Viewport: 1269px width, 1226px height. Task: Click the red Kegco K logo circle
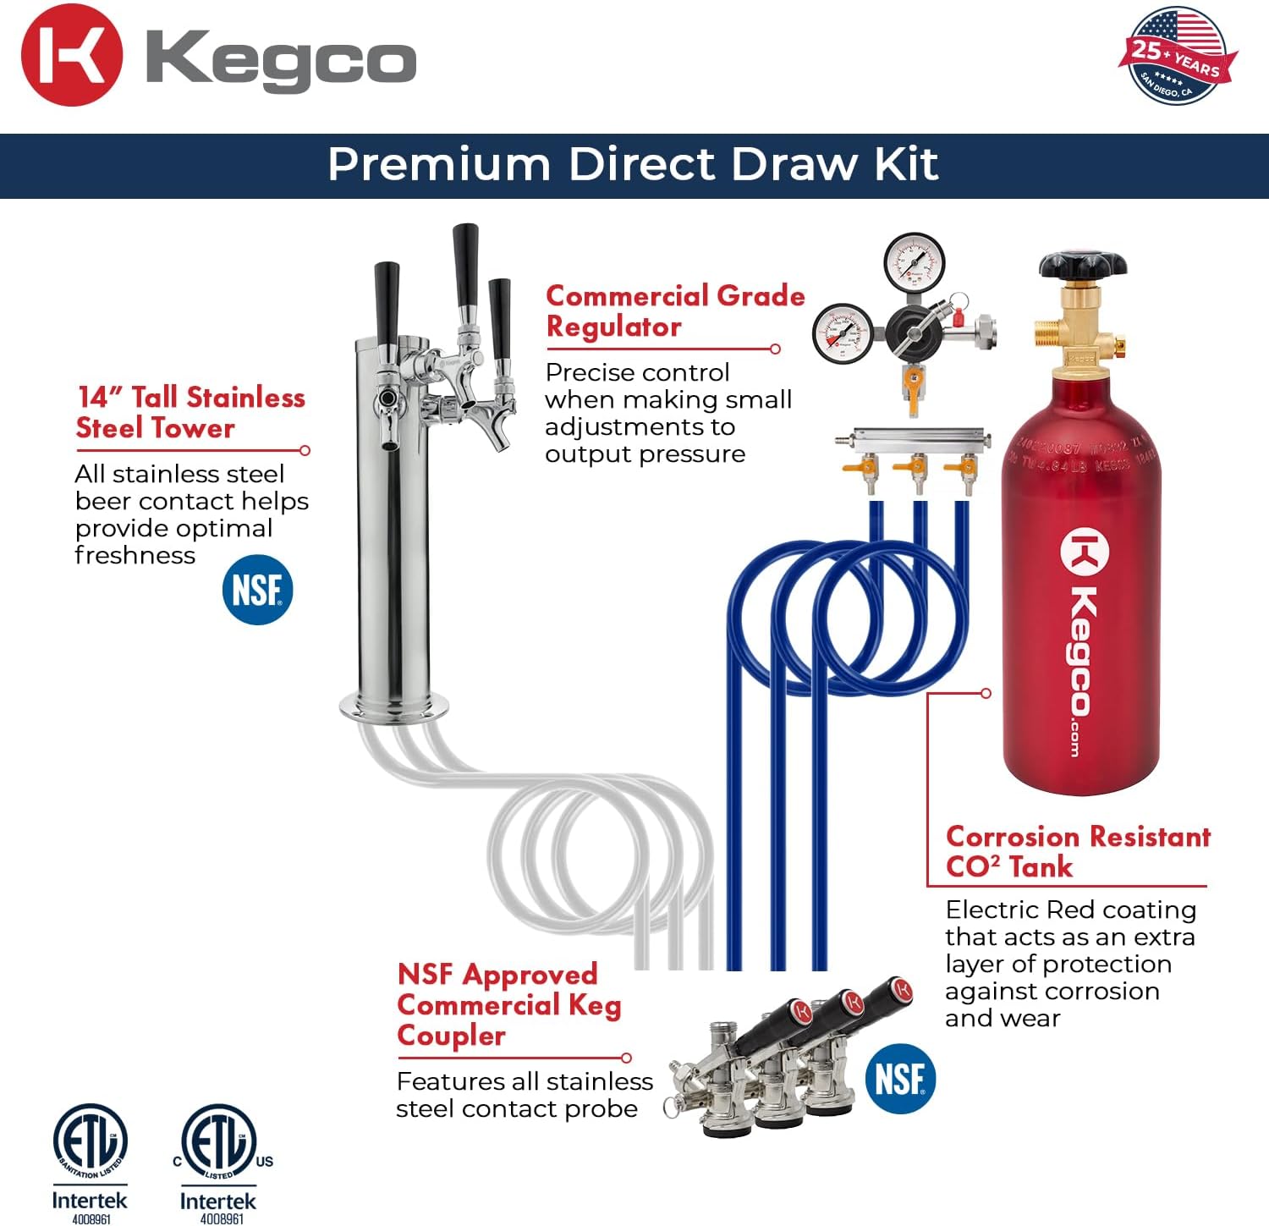click(71, 56)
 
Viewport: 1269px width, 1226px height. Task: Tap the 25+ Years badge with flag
click(1178, 56)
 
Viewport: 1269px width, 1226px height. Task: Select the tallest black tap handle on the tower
click(465, 265)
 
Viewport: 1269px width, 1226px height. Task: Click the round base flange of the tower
click(394, 706)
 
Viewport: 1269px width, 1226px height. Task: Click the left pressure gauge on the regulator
click(843, 331)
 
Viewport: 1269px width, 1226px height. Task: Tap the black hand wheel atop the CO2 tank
click(1082, 267)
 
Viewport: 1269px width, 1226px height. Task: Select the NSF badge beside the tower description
click(257, 590)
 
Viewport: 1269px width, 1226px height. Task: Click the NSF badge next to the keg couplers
click(900, 1079)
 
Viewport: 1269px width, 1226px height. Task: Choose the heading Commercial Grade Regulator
click(674, 311)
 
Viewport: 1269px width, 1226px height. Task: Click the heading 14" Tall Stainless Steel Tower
click(190, 412)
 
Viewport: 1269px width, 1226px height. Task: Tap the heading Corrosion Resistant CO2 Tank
click(1077, 851)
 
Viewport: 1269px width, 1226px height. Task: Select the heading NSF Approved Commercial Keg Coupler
click(508, 1004)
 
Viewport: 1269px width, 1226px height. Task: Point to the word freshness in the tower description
click(135, 555)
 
